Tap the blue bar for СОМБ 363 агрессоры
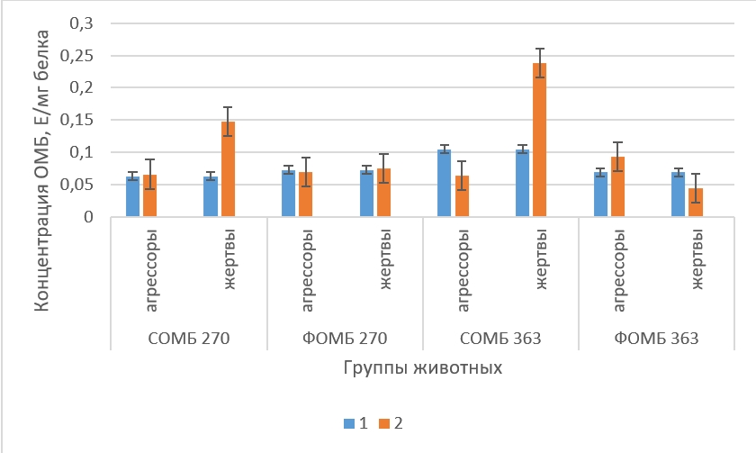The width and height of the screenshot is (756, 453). tap(444, 183)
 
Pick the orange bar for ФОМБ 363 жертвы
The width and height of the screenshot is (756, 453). tap(696, 203)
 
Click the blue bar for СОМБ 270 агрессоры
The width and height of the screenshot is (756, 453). tap(132, 196)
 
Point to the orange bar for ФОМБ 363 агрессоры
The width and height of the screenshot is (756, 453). tap(617, 186)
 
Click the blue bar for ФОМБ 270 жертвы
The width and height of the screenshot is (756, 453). tap(366, 194)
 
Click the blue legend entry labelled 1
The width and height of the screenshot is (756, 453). tap(349, 421)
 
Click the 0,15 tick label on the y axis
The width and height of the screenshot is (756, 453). tap(79, 121)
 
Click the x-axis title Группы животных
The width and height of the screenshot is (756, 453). tap(423, 368)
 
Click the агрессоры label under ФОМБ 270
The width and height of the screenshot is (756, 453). tap(307, 270)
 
